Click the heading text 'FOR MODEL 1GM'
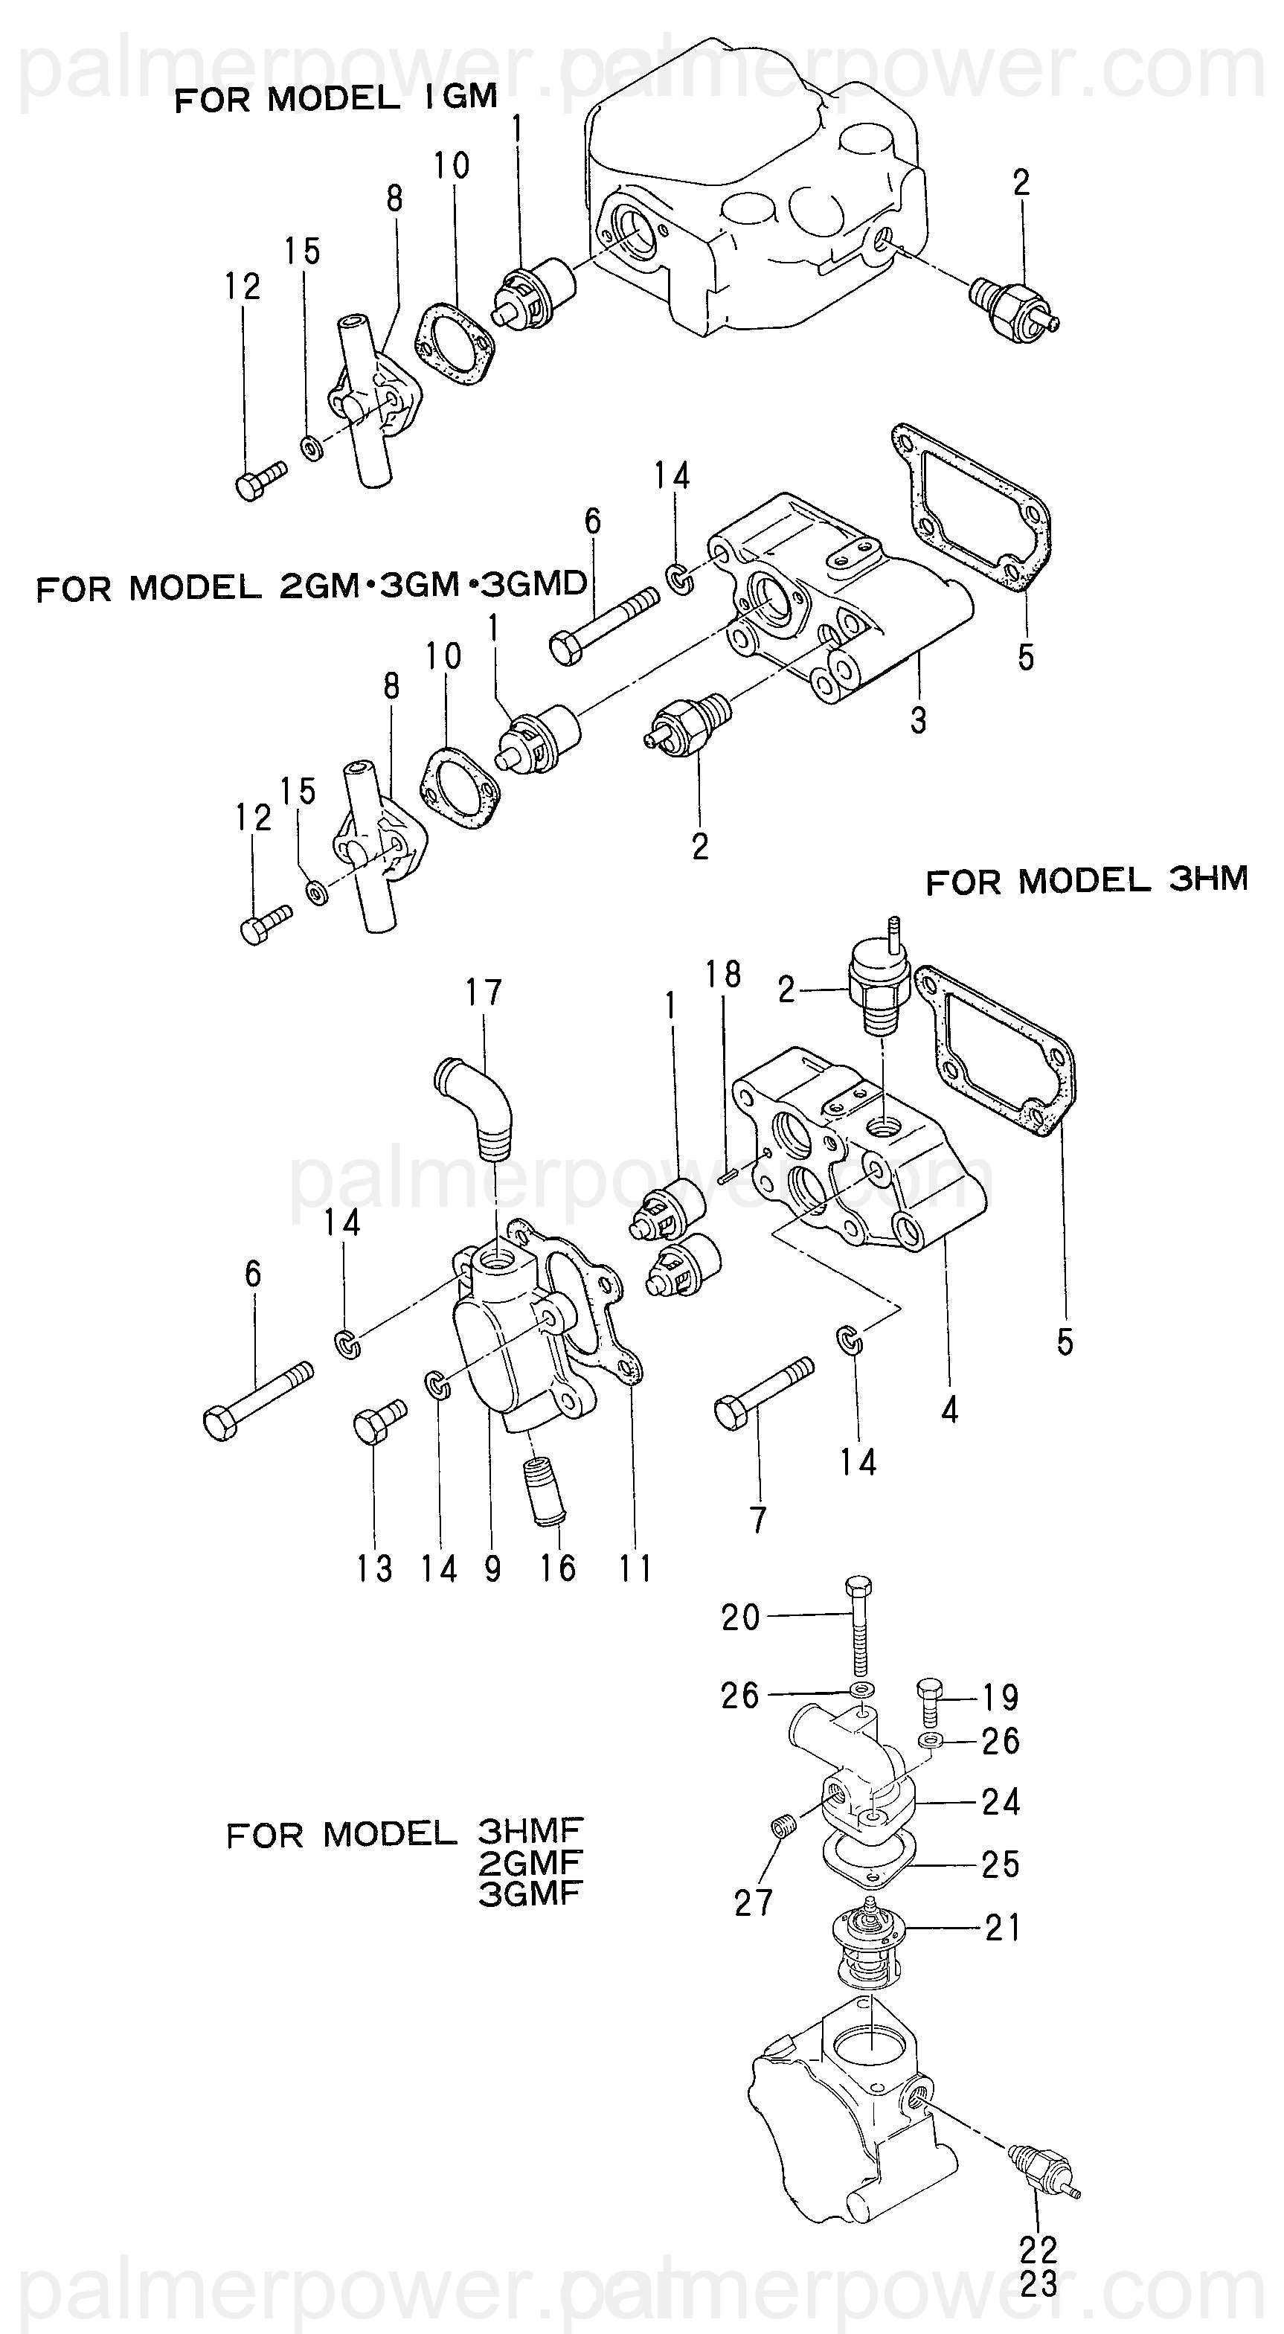click(336, 98)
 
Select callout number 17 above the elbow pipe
click(484, 993)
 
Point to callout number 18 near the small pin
click(724, 975)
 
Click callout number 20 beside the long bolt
click(740, 1618)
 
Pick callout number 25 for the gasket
click(1001, 1864)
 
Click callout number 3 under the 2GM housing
click(918, 720)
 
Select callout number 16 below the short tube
click(558, 1568)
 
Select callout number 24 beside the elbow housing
click(1001, 1801)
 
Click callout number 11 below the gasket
click(635, 1568)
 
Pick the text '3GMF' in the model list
click(529, 1892)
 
